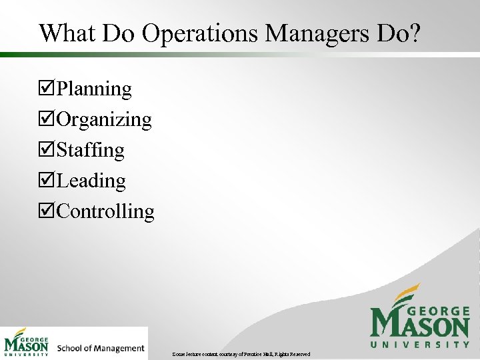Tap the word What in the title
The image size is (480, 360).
click(x=67, y=33)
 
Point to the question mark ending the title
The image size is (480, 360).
click(x=414, y=33)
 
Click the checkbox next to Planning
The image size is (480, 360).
click(x=47, y=89)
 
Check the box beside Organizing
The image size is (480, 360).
click(x=47, y=120)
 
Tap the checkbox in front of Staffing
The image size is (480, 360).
click(x=47, y=151)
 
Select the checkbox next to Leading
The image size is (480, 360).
click(x=47, y=181)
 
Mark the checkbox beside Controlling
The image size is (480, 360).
click(x=47, y=212)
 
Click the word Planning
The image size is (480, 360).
click(x=94, y=89)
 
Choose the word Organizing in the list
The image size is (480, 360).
click(x=104, y=120)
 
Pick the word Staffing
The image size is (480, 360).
click(x=91, y=151)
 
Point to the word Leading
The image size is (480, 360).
click(x=91, y=181)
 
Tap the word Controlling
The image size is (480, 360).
click(x=105, y=211)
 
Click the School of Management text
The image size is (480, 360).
click(x=101, y=348)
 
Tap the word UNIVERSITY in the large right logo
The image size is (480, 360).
click(x=420, y=344)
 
